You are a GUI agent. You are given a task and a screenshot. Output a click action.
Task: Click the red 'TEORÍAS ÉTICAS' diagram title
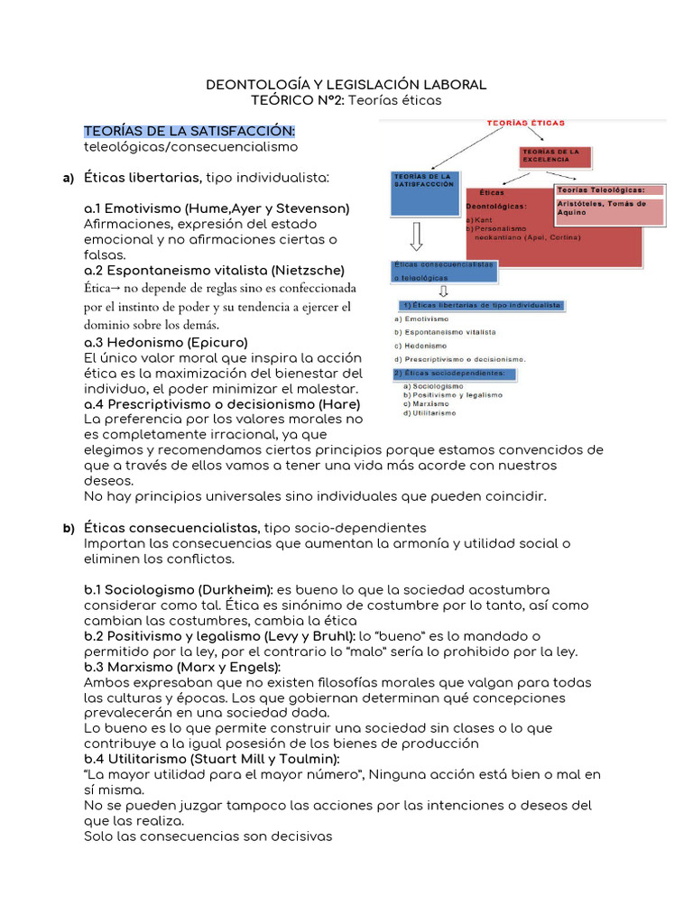click(x=526, y=121)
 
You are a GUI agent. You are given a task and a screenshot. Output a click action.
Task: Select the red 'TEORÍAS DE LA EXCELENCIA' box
click(x=554, y=158)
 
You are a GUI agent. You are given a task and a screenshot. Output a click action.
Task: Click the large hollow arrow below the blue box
click(x=416, y=236)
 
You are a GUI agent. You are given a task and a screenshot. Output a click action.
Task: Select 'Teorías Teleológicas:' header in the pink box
click(x=600, y=189)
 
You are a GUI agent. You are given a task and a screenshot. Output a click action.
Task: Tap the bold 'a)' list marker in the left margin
click(x=68, y=178)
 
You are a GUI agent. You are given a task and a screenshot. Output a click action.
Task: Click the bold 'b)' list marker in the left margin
click(x=68, y=527)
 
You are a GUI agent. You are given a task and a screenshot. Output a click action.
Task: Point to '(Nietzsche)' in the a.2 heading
click(x=309, y=270)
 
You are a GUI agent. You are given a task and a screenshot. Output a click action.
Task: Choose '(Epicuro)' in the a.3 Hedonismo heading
click(x=217, y=343)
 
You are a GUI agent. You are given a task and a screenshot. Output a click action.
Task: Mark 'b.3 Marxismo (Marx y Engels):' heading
click(x=181, y=667)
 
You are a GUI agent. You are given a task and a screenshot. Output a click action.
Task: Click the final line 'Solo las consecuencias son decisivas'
click(x=208, y=836)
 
